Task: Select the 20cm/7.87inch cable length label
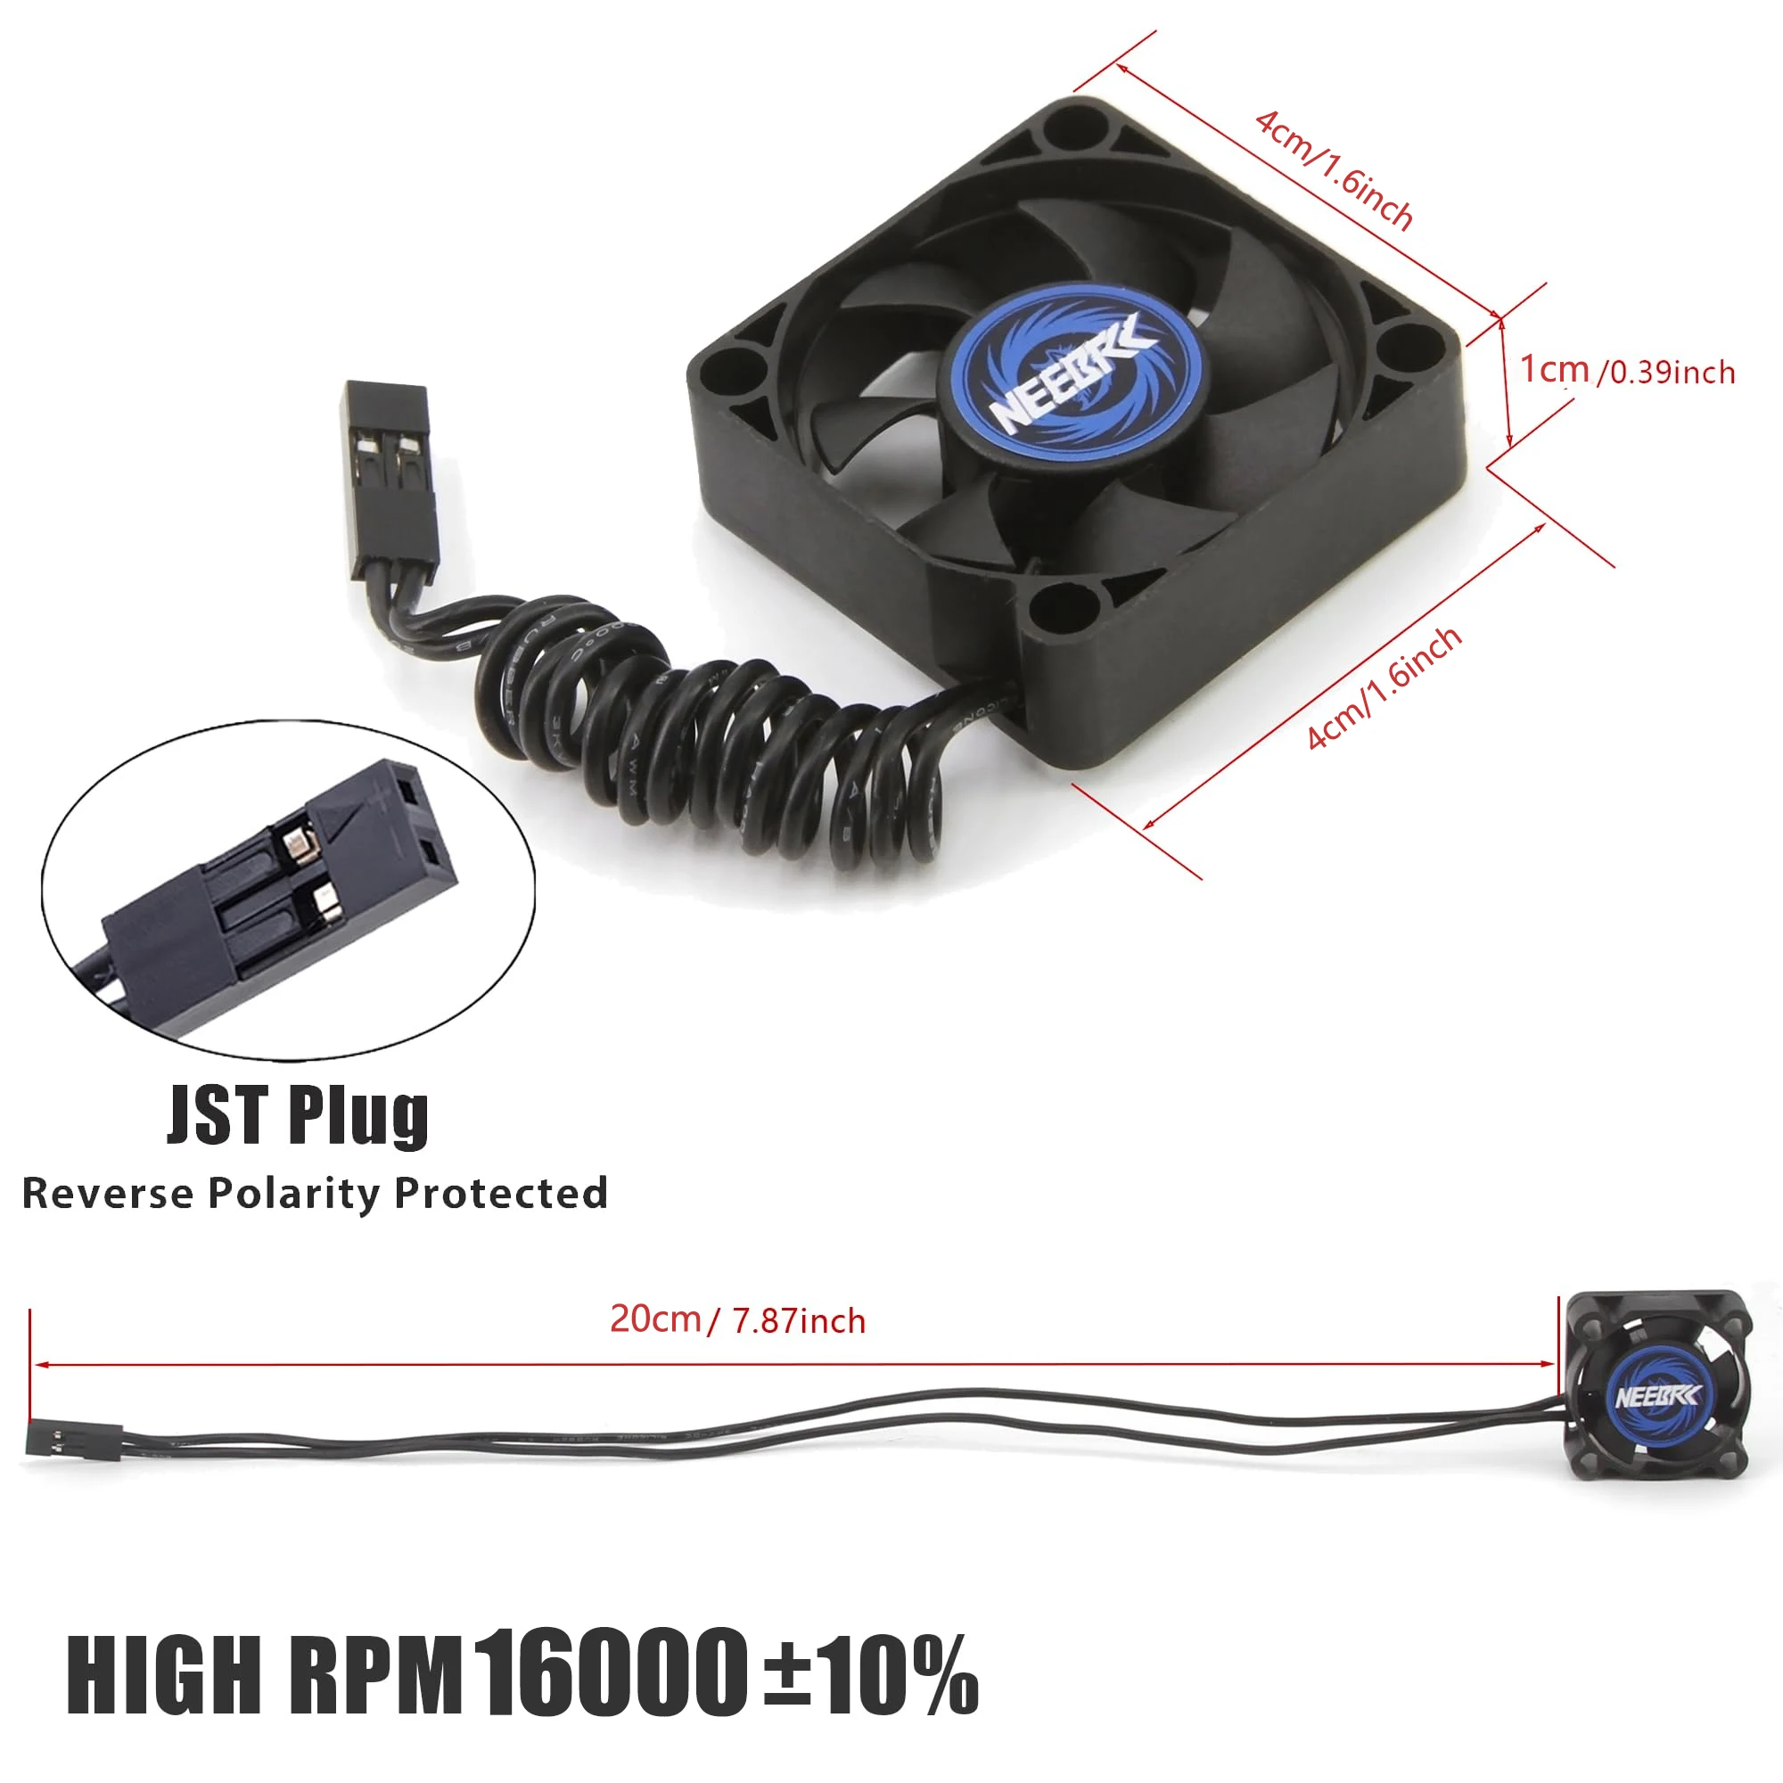click(737, 1320)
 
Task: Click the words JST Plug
click(297, 1116)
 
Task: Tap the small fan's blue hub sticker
click(1656, 1396)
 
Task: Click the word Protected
click(501, 1194)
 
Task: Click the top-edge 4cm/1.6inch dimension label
click(1334, 171)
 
